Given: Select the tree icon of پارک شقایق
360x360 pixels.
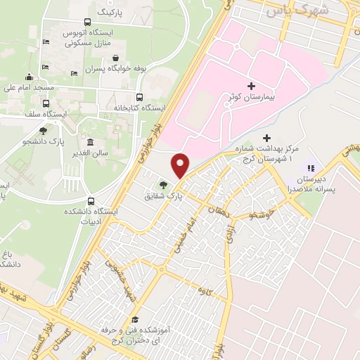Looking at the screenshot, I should [163, 185].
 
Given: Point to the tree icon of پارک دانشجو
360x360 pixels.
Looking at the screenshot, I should [44, 129].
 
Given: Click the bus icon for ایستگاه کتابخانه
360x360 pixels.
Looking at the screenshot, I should [139, 98].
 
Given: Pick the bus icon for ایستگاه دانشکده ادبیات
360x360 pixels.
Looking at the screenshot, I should [89, 200].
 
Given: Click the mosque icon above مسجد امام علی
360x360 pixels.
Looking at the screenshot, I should [30, 77].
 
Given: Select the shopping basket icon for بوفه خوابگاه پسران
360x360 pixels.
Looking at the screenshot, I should [115, 58].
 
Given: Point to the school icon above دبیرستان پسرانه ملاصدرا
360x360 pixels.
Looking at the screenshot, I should [309, 169].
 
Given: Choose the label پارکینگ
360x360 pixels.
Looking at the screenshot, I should [112, 12].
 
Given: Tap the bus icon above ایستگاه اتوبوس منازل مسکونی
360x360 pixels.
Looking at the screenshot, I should [87, 22].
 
